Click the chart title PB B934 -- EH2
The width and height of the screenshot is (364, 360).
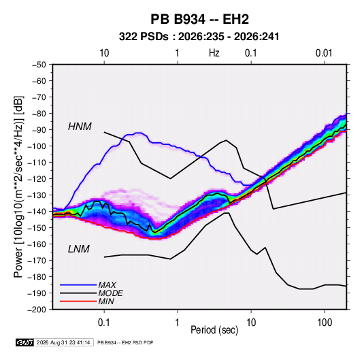tap(199, 19)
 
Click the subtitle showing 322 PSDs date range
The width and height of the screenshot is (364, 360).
tap(199, 37)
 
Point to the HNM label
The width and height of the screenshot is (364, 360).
tap(80, 127)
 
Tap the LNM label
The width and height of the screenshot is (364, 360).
tap(79, 249)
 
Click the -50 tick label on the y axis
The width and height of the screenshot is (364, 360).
tap(39, 65)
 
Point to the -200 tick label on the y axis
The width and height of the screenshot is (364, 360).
tap(37, 310)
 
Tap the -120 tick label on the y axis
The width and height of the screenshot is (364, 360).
tap(37, 179)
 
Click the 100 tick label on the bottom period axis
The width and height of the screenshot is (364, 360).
tap(325, 323)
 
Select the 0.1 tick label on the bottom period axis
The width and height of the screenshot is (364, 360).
tap(104, 323)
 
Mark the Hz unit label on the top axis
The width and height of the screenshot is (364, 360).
tap(214, 53)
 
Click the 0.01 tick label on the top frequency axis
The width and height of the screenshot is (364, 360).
tap(324, 53)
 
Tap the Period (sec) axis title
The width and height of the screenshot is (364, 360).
tap(214, 330)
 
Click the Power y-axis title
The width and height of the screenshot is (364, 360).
tap(18, 186)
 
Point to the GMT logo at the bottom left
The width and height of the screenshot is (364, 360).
tap(24, 342)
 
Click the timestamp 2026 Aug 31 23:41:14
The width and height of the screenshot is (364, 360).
tap(63, 342)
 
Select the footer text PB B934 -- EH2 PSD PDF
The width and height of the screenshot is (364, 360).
tap(125, 342)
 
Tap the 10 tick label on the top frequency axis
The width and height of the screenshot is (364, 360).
tap(104, 53)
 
